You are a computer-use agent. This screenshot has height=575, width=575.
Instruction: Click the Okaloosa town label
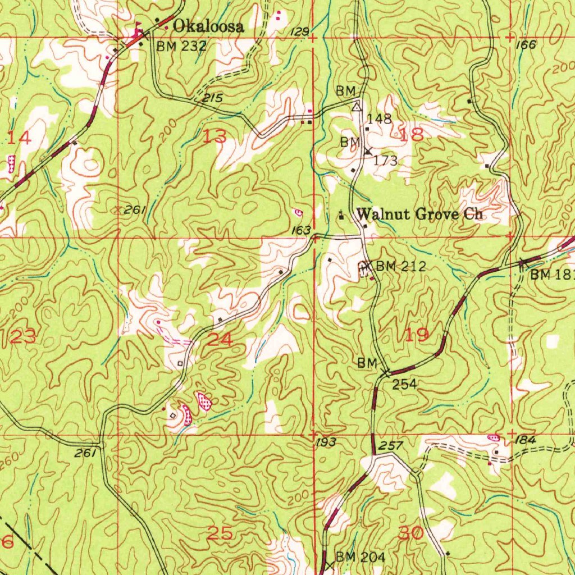[x=208, y=26]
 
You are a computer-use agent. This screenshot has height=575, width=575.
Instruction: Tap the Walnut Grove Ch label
[x=420, y=214]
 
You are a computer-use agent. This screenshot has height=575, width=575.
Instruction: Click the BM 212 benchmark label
[x=401, y=266]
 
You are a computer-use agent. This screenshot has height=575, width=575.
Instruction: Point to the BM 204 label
[x=360, y=557]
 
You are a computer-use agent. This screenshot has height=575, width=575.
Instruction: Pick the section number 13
[x=216, y=136]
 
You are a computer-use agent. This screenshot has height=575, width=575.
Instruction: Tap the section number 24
[x=220, y=339]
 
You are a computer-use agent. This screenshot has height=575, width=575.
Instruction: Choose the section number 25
[x=220, y=533]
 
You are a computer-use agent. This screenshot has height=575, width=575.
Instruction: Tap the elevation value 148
[x=379, y=118]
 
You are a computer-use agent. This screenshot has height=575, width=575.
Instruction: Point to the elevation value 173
[x=386, y=161]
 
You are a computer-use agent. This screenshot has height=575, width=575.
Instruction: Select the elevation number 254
[x=404, y=384]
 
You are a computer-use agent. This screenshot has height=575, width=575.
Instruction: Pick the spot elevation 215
[x=213, y=98]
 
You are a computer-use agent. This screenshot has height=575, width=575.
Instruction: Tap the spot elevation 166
[x=526, y=45]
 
